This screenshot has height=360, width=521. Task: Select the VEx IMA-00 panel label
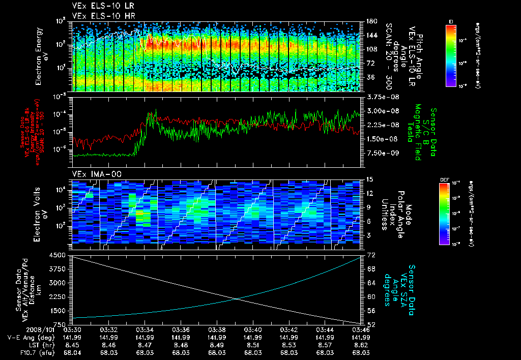(x=93, y=174)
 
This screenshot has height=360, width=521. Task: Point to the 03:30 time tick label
(x=73, y=329)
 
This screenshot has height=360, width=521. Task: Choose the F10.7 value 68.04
(x=73, y=352)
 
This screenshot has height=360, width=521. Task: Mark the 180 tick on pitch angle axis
(x=372, y=21)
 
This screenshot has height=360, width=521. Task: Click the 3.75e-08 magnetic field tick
(x=381, y=97)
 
